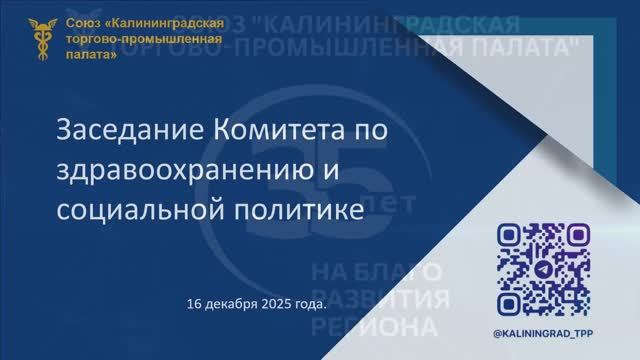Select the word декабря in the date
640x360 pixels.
[231, 302]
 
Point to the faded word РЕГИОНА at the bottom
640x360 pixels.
[375, 328]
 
